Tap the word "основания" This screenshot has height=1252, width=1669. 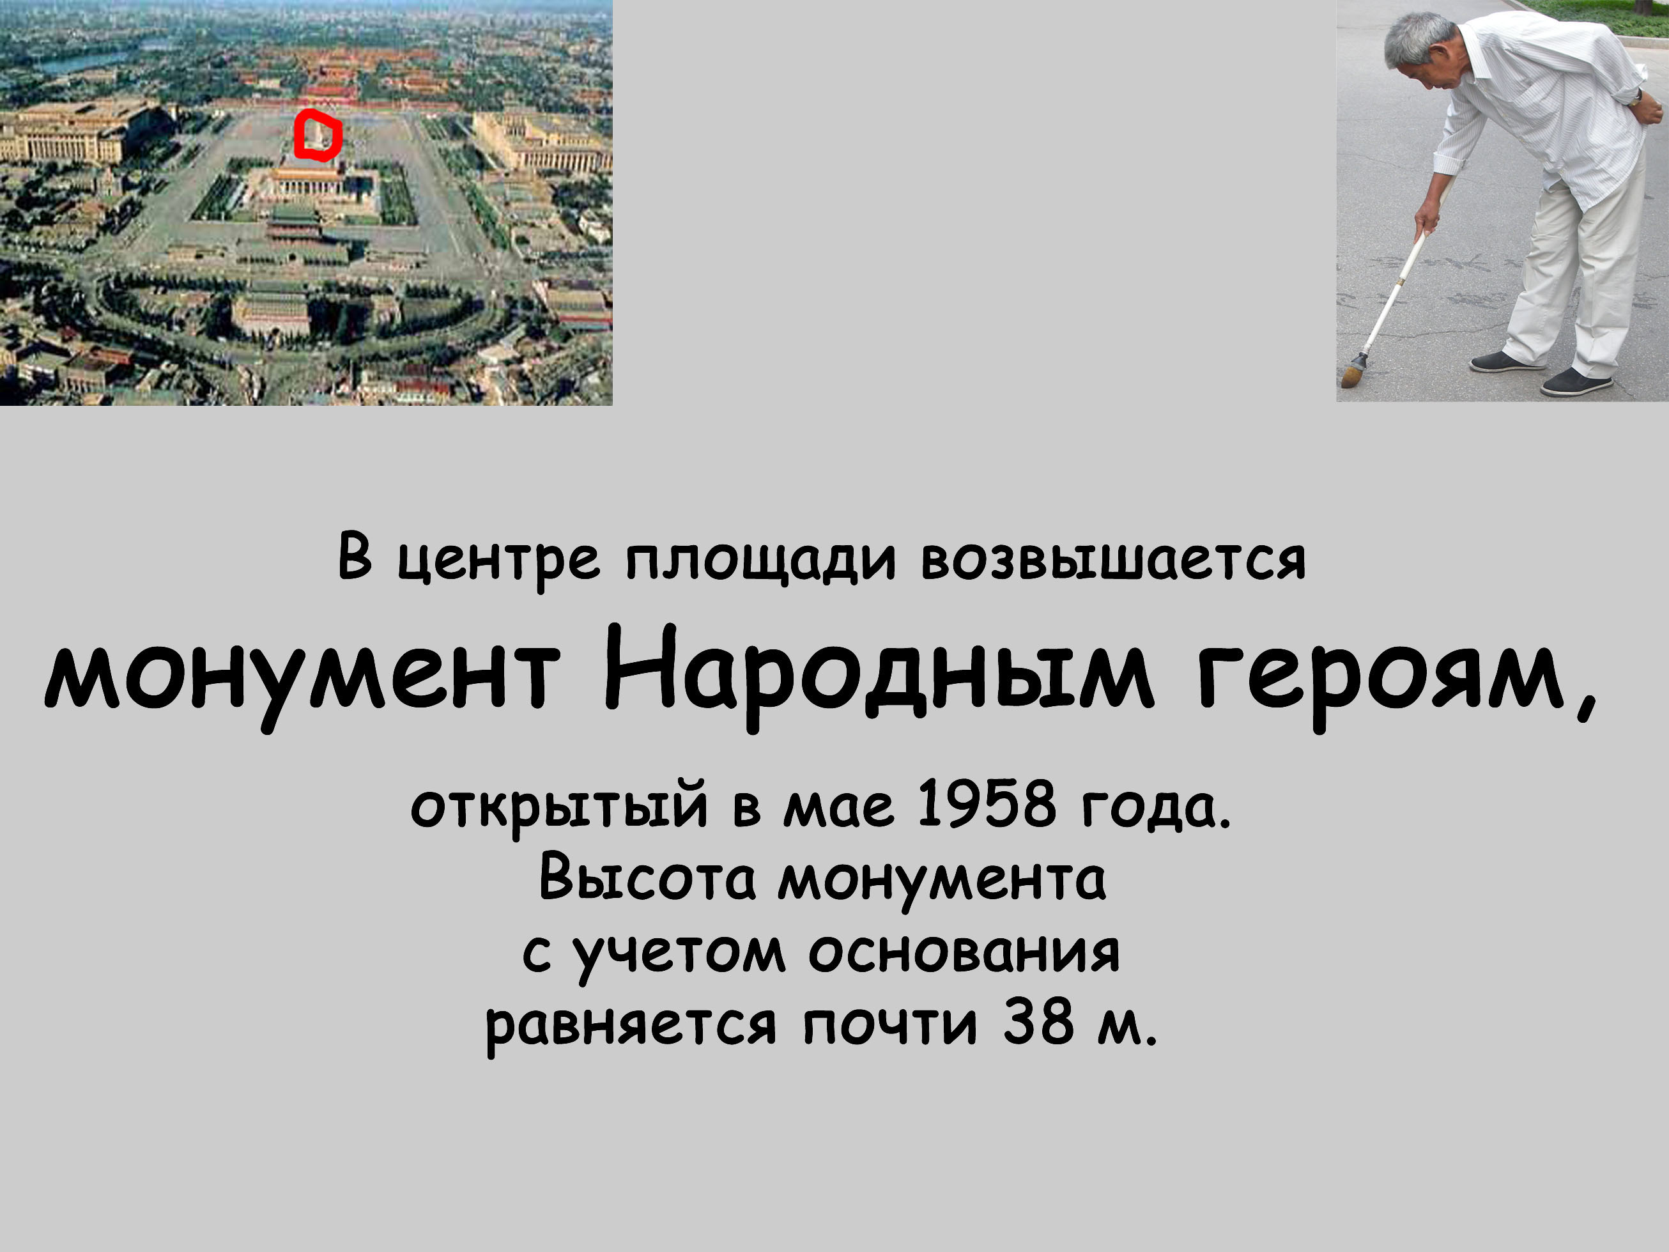click(964, 953)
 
